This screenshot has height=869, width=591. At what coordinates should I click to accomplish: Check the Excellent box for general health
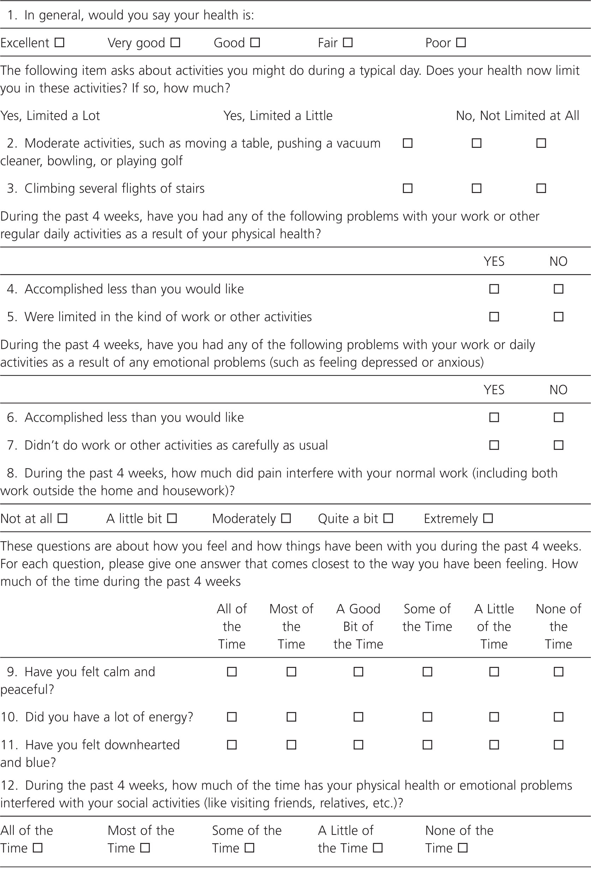(59, 43)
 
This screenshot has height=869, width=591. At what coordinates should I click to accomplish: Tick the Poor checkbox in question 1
(461, 43)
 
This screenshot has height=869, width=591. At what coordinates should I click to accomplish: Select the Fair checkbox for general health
(348, 43)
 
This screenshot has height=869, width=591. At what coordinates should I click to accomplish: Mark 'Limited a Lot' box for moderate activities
(407, 143)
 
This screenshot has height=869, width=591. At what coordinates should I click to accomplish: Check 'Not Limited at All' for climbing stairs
(541, 188)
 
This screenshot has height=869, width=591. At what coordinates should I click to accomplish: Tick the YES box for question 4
(494, 289)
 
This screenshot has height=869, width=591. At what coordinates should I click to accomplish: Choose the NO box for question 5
(559, 317)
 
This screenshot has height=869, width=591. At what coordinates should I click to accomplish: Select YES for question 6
(494, 417)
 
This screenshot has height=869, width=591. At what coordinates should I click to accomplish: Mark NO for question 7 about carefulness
(559, 445)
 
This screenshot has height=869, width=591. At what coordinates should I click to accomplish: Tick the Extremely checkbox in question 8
(488, 519)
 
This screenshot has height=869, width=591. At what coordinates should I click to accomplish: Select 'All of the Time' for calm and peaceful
(232, 672)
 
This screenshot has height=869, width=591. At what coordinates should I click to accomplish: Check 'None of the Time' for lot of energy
(559, 717)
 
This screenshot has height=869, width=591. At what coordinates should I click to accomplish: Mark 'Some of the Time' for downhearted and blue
(427, 745)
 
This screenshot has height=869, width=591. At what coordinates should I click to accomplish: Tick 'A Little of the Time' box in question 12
(378, 848)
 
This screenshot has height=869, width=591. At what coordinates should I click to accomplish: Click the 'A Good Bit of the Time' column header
(358, 626)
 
